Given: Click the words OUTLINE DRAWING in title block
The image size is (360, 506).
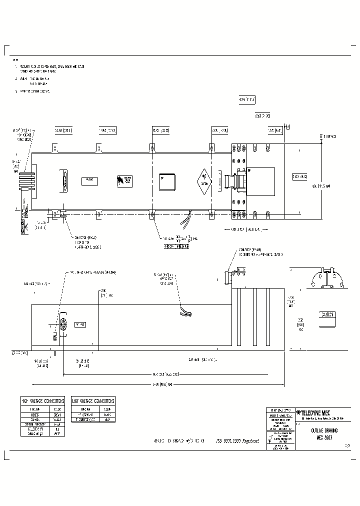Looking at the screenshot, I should [x=324, y=430].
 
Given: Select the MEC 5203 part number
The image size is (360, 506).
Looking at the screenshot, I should [x=324, y=437].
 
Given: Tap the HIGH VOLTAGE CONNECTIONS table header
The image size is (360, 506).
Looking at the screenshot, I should [x=43, y=401].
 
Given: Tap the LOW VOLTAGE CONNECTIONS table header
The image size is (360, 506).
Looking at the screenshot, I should [x=93, y=401].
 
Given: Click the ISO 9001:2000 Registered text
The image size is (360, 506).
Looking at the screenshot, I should [x=237, y=441].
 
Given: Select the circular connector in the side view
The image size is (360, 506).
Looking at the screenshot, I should [x=63, y=324].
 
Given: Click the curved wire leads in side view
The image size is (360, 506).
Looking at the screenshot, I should [x=184, y=312].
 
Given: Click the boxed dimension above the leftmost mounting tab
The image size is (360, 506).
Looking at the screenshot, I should [x=63, y=131].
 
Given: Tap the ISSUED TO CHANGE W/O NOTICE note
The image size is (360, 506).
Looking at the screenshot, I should [x=180, y=441].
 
